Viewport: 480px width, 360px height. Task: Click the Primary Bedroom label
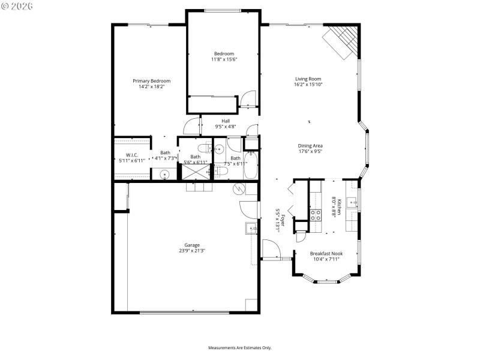click(x=151, y=81)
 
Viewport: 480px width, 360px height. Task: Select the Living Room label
click(x=308, y=79)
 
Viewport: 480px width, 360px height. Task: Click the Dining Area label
click(x=310, y=145)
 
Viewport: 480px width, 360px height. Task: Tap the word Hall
click(x=226, y=121)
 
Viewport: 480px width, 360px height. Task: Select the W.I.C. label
click(x=132, y=155)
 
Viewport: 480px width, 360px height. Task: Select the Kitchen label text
click(x=339, y=207)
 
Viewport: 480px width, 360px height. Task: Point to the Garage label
click(x=192, y=245)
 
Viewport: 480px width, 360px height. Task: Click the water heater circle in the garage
click(x=239, y=189)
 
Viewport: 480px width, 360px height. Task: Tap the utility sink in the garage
click(x=251, y=228)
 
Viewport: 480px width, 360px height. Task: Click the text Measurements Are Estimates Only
click(x=240, y=348)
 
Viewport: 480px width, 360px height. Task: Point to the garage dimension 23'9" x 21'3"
click(x=192, y=251)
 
